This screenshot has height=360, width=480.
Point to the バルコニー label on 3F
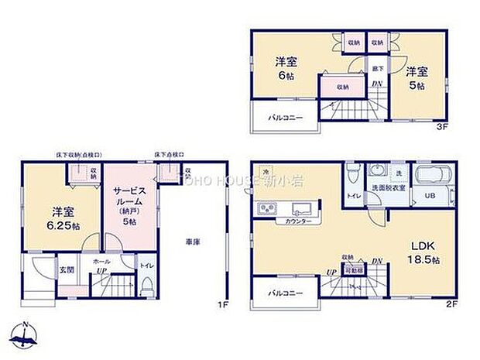tap(286, 118)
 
